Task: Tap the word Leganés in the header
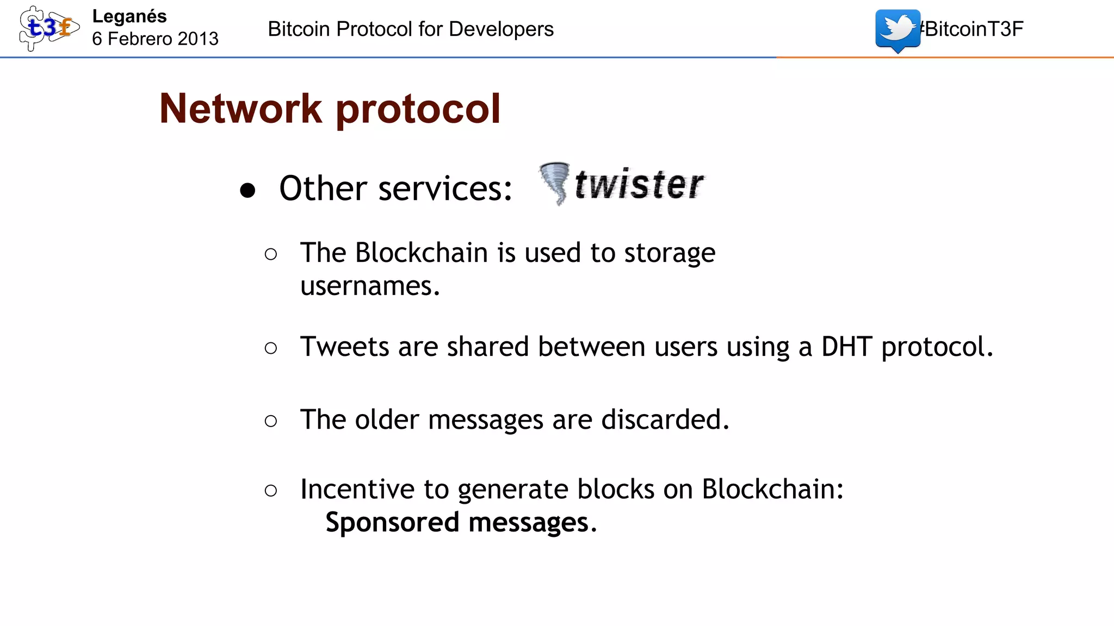click(x=129, y=16)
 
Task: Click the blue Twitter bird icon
click(x=898, y=30)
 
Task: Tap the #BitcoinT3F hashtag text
click(x=971, y=29)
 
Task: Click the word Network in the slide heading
click(x=240, y=109)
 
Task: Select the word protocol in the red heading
click(x=418, y=109)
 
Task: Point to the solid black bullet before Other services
click(x=247, y=190)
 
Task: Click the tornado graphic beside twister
click(x=555, y=183)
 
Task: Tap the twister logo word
click(x=639, y=185)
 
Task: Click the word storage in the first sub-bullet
click(x=670, y=253)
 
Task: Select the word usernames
click(x=369, y=286)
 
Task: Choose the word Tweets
click(x=344, y=347)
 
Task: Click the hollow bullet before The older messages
click(x=271, y=421)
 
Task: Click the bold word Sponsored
click(x=392, y=523)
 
